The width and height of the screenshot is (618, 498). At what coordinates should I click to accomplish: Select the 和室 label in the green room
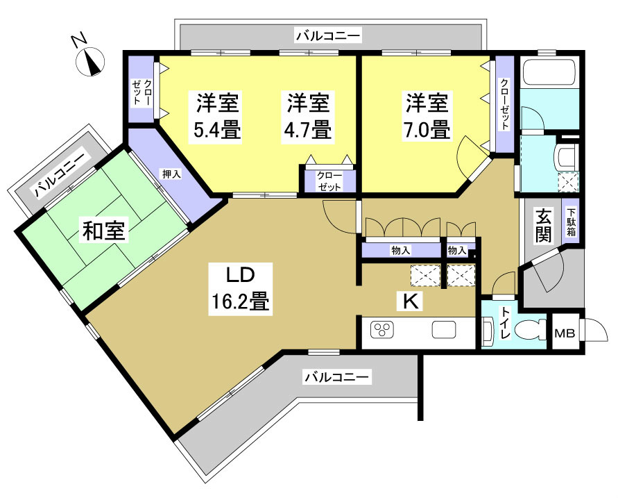105,231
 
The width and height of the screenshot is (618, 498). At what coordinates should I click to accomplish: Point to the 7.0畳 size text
428,129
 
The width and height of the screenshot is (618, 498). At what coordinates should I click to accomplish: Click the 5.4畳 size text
218,129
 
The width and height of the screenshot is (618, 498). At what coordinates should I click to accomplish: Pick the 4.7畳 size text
308,129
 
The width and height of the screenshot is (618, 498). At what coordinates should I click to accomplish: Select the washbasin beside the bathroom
567,158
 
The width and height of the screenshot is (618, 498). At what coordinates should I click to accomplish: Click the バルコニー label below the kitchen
338,377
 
